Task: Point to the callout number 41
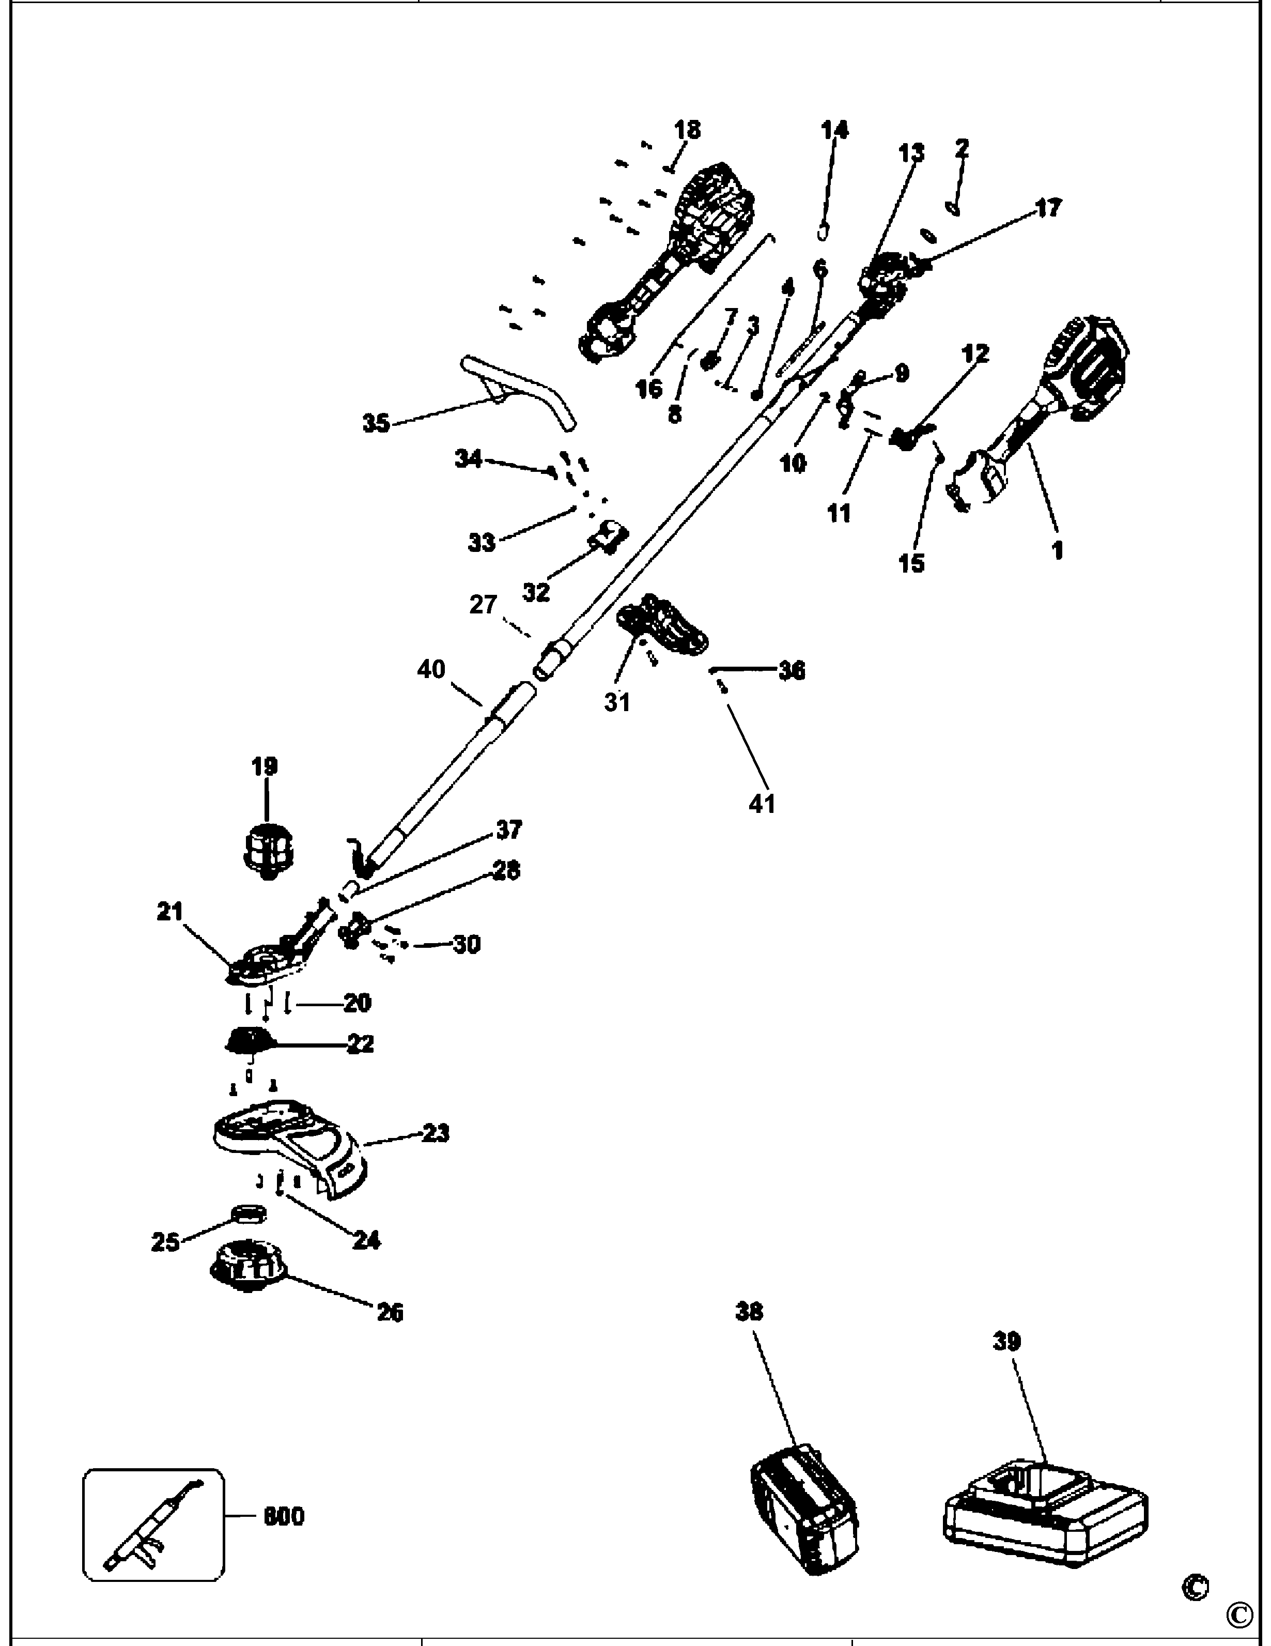tap(762, 804)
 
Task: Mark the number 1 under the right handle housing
tap(1058, 550)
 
